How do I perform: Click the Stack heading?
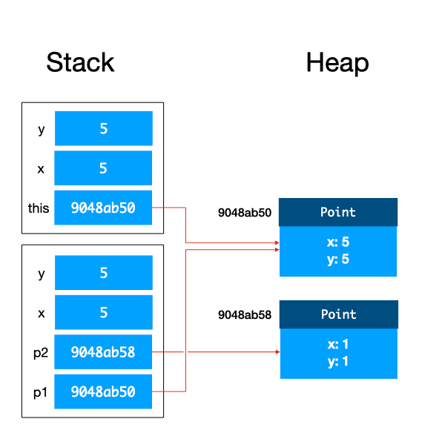tap(80, 62)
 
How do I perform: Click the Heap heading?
tap(337, 62)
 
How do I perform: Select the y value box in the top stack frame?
tap(103, 128)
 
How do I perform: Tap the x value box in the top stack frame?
tap(103, 168)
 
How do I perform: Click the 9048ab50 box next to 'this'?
tap(103, 208)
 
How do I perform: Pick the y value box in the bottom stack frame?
tap(103, 273)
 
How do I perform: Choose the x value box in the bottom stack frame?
tap(103, 312)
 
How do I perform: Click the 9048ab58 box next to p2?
tap(103, 352)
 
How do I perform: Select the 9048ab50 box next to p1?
tap(103, 392)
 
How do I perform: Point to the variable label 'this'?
tap(39, 208)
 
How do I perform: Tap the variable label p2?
tap(40, 353)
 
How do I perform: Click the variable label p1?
tap(40, 392)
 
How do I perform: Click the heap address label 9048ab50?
tap(244, 212)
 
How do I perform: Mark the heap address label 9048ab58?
tap(244, 314)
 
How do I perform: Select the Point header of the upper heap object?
tap(337, 212)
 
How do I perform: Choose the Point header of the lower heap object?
tap(338, 314)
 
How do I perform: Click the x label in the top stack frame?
tap(40, 168)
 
